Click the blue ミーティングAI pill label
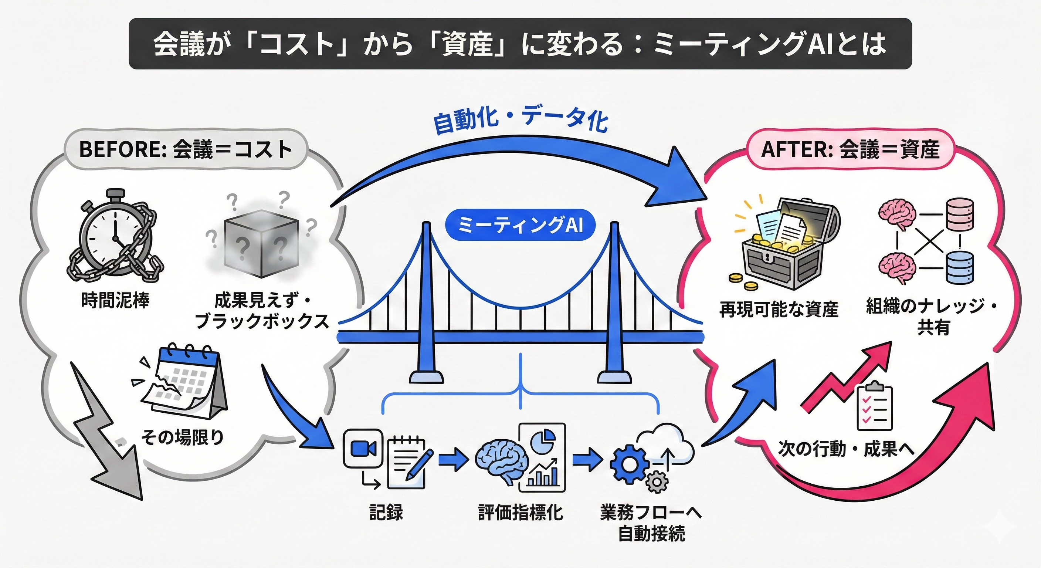[520, 226]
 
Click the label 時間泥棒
[116, 301]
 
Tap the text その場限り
[182, 437]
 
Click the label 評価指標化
[520, 513]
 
